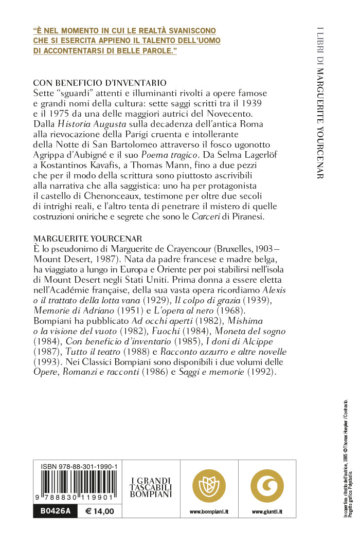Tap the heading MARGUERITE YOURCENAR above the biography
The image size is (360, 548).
pyautogui.click(x=87, y=239)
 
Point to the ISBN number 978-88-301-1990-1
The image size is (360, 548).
pyautogui.click(x=79, y=466)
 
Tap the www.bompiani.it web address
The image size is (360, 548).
pyautogui.click(x=209, y=512)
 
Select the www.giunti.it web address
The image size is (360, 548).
pyautogui.click(x=267, y=512)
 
